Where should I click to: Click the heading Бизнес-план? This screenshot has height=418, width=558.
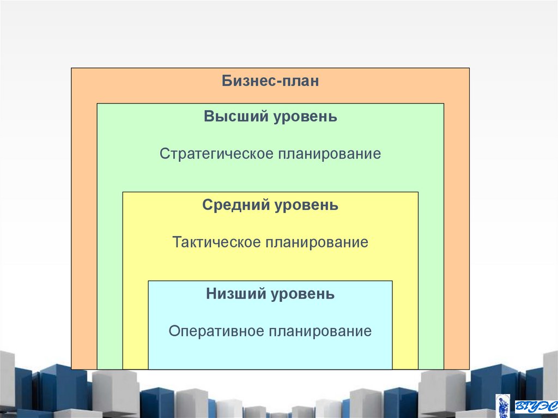click(270, 82)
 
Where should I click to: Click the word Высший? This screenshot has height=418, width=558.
click(231, 117)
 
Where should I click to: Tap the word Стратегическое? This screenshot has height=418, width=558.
click(216, 154)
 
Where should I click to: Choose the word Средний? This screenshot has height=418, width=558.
click(236, 205)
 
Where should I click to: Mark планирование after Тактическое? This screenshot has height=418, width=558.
click(317, 242)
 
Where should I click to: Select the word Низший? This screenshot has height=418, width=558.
click(235, 295)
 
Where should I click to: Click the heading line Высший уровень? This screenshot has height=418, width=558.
click(270, 117)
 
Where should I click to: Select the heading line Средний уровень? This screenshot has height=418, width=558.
click(270, 205)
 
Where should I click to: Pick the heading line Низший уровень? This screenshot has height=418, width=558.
click(270, 295)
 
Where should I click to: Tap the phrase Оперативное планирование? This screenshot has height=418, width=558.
click(270, 331)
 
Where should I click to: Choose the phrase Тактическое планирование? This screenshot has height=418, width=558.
click(270, 242)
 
